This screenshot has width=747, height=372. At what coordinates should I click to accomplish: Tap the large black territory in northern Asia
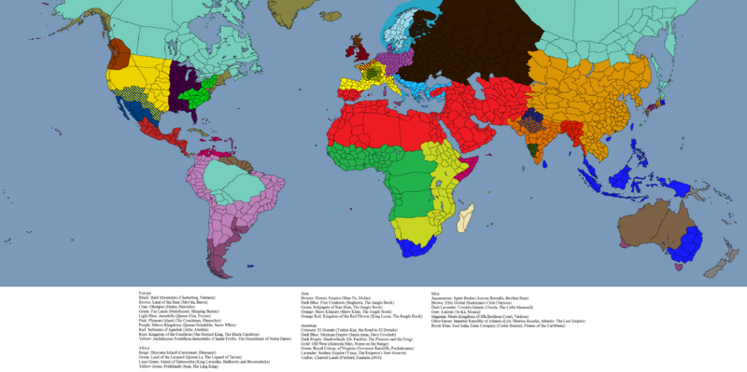(x=486, y=37)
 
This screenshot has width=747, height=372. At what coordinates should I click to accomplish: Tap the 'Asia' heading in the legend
(x=304, y=292)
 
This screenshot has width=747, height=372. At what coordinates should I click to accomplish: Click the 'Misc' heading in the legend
(x=435, y=292)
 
